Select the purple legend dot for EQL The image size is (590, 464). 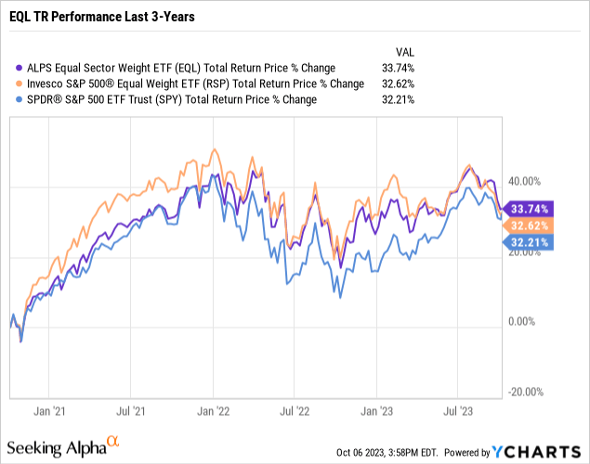15,68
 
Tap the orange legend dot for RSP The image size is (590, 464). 15,84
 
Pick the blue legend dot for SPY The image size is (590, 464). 15,99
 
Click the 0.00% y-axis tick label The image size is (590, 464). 524,322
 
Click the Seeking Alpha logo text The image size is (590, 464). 65,448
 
